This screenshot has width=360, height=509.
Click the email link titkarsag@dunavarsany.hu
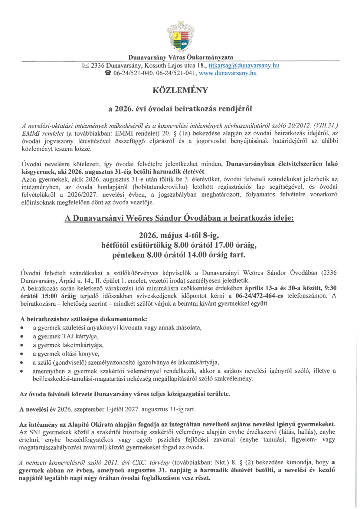[x=244, y=65]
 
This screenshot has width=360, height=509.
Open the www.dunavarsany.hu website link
[x=227, y=73]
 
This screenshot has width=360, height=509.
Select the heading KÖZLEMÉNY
[x=180, y=90]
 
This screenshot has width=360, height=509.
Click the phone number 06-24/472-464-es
[x=259, y=296]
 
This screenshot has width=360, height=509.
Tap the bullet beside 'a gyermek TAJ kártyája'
[x=22, y=337]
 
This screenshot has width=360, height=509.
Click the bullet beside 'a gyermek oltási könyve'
[x=22, y=354]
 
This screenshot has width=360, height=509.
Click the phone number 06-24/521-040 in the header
[x=132, y=73]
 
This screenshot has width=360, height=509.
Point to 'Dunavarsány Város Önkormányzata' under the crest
[x=181, y=57]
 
